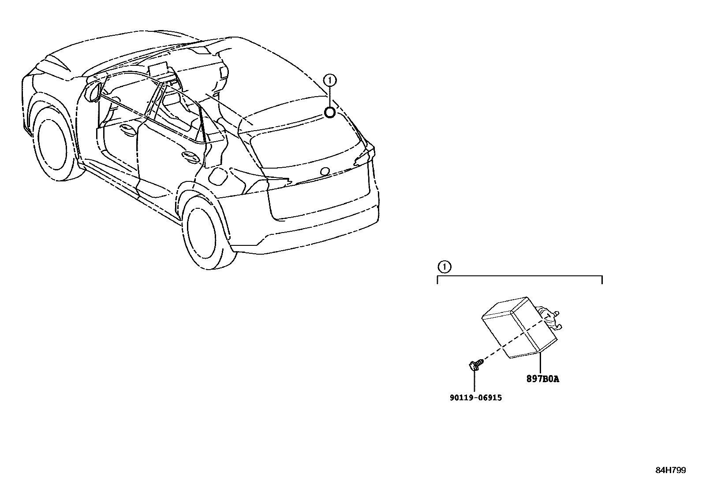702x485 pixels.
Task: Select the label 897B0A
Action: click(x=542, y=379)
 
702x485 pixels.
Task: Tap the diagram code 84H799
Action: click(x=670, y=470)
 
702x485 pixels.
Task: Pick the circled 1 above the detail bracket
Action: click(x=444, y=267)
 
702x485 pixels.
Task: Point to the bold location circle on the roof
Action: click(x=330, y=113)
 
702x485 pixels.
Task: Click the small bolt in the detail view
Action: click(x=474, y=364)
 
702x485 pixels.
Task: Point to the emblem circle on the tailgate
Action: click(x=325, y=171)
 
